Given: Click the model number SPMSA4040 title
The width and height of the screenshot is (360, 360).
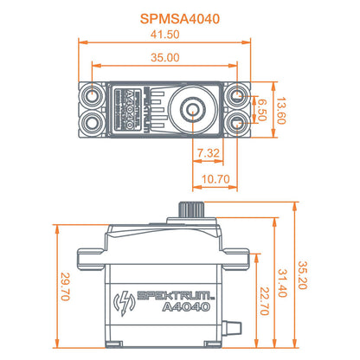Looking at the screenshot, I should (179, 16).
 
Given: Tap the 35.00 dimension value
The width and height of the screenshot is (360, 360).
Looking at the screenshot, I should (164, 57).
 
